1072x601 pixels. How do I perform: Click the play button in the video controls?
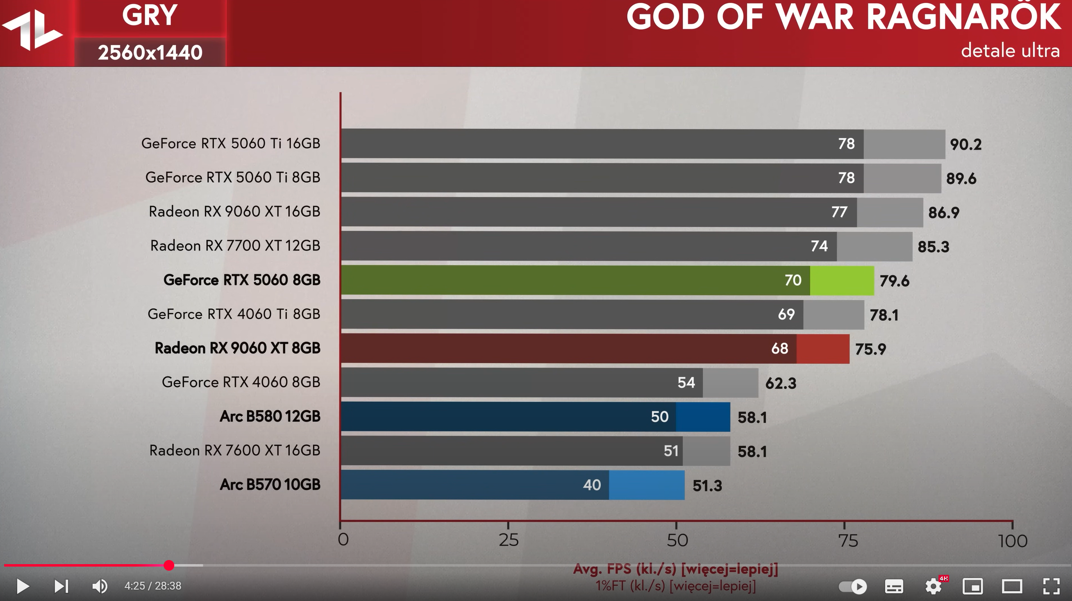pyautogui.click(x=23, y=586)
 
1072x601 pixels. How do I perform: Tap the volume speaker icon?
pyautogui.click(x=99, y=586)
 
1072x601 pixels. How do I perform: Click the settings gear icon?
pyautogui.click(x=933, y=586)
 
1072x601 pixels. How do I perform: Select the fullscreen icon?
pyautogui.click(x=1051, y=586)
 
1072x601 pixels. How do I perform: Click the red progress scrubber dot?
pyautogui.click(x=168, y=565)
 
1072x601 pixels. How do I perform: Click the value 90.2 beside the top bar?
pyautogui.click(x=965, y=145)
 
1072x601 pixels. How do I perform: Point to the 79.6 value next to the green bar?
pyautogui.click(x=894, y=281)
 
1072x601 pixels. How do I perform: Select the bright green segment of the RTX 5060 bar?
pyautogui.click(x=842, y=280)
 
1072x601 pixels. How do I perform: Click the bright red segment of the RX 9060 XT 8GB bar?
pyautogui.click(x=823, y=349)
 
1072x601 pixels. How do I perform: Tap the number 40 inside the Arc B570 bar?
pyautogui.click(x=592, y=485)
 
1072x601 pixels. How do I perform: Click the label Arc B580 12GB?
pyautogui.click(x=270, y=416)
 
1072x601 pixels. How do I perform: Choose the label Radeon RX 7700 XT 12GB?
pyautogui.click(x=235, y=246)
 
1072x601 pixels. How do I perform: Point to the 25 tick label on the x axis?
pyautogui.click(x=509, y=540)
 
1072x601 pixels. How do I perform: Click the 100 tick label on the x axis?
pyautogui.click(x=1013, y=541)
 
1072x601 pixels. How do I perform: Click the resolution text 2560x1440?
pyautogui.click(x=150, y=53)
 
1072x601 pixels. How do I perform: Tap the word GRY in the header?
pyautogui.click(x=150, y=16)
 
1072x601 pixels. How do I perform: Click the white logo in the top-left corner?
pyautogui.click(x=32, y=31)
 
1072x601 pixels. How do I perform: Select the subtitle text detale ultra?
pyautogui.click(x=1010, y=51)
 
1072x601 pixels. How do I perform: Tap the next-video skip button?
pyautogui.click(x=61, y=586)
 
